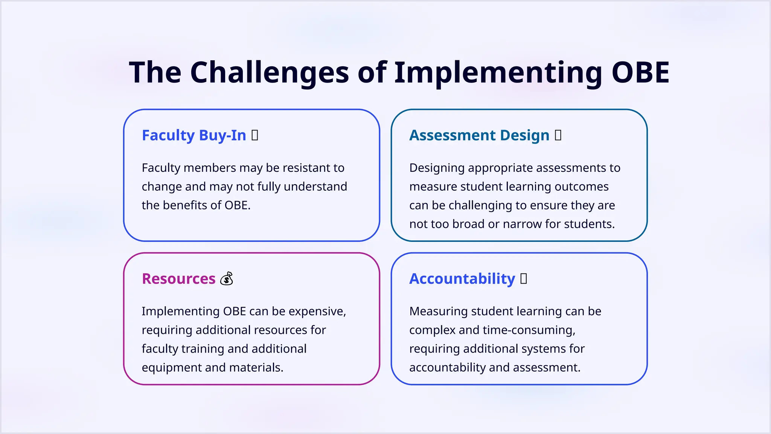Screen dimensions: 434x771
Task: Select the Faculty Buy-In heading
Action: coord(194,135)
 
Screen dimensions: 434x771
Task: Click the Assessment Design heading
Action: coord(479,135)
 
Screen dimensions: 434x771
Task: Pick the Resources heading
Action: coord(178,279)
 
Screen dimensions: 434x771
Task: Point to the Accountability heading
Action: coord(462,279)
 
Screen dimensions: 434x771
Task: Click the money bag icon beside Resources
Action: coord(227,279)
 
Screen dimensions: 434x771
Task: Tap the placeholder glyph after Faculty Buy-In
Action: coord(255,135)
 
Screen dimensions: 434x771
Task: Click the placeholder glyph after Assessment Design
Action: coord(558,135)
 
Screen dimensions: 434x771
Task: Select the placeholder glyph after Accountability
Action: coord(524,278)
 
